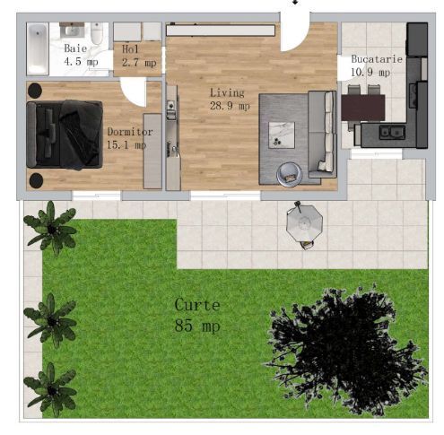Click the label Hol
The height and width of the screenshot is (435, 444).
pos(131,49)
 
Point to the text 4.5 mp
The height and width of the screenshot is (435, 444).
pos(81,63)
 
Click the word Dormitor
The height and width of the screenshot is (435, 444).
pos(129,132)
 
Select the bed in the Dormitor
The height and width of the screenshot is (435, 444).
pos(63,135)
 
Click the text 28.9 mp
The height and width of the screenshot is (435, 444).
pos(231,106)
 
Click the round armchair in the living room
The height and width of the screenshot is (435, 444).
pos(289,171)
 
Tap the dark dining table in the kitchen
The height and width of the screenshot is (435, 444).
pos(362,107)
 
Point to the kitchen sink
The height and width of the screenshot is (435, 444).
pos(392,132)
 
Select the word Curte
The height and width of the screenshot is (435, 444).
pos(196,305)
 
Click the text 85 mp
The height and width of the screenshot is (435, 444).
pos(196,325)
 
